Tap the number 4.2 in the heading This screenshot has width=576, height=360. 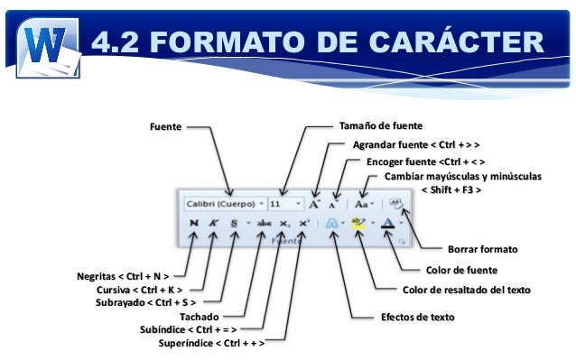click(121, 42)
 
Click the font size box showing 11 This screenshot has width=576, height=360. click(287, 204)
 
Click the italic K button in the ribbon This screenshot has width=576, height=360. click(213, 223)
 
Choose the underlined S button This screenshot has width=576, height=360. click(235, 223)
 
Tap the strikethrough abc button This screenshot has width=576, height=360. click(265, 223)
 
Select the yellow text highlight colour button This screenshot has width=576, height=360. click(358, 223)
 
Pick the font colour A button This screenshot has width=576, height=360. click(388, 223)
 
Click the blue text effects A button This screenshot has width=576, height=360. click(332, 223)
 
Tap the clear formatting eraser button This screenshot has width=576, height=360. click(397, 204)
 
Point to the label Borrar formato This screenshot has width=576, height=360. click(482, 248)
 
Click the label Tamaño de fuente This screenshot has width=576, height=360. click(379, 125)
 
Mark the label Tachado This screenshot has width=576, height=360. click(198, 318)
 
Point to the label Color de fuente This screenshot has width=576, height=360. click(461, 269)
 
